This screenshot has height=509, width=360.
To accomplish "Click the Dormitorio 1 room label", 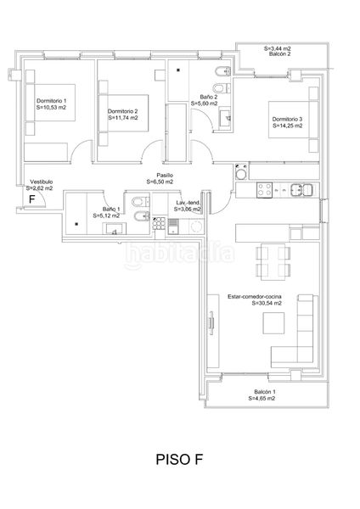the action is [51, 101].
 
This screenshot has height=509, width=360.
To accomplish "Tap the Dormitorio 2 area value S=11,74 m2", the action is [123, 118].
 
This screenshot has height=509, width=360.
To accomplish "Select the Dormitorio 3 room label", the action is [287, 119].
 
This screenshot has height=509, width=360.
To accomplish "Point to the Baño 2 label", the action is [209, 97].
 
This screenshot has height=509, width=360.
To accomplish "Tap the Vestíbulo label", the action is [42, 182].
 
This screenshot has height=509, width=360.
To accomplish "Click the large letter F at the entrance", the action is [32, 199].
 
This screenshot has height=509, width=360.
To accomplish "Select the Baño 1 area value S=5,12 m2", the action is [106, 215].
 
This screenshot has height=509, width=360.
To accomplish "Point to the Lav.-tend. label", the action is [188, 203].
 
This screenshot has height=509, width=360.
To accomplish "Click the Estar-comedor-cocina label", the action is [255, 296].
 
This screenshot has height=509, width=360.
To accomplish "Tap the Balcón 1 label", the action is [265, 392].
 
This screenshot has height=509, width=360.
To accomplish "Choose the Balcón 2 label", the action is [279, 54].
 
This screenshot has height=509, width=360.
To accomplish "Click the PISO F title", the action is [179, 459].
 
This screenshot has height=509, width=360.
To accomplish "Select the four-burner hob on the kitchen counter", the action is [264, 190].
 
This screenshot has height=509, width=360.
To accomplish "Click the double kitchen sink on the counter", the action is [302, 190].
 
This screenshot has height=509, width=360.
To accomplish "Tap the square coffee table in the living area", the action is [273, 323].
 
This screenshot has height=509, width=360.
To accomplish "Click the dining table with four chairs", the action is [273, 262].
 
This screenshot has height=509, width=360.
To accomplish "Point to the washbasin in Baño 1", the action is [115, 228].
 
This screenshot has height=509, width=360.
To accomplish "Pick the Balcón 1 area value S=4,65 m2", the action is [262, 399].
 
